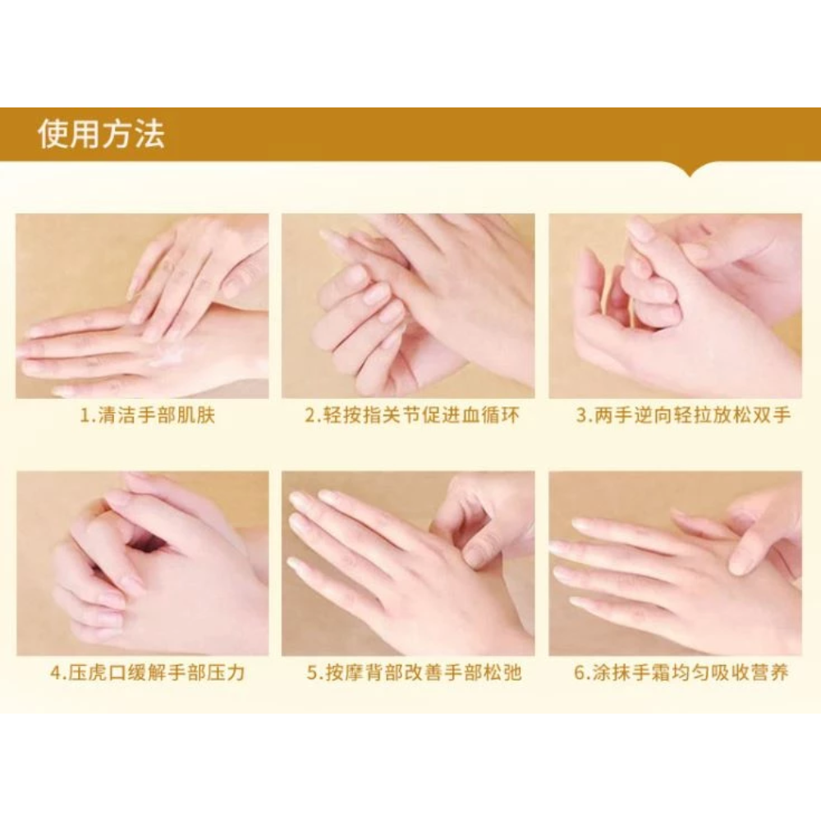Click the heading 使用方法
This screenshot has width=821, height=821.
coord(102,135)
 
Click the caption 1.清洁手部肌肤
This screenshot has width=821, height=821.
coord(147,415)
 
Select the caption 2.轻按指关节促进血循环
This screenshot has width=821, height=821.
coord(412,415)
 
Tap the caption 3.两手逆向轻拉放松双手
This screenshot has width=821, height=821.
coord(683,415)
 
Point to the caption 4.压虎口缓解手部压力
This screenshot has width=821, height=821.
coord(148,673)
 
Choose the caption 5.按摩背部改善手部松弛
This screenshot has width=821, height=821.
coord(414,673)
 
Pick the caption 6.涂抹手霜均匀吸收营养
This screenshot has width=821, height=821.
coord(681,673)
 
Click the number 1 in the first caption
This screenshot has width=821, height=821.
coord(85,416)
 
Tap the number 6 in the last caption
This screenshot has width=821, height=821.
coord(579,673)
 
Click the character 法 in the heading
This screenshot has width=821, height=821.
coord(149,135)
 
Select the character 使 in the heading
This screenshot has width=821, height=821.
coord(53,135)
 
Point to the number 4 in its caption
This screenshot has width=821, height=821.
coord(55,673)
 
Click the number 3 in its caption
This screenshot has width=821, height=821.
coord(581,416)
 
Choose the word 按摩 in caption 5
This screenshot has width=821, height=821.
coord(345,673)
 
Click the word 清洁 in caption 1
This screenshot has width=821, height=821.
coord(117,415)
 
